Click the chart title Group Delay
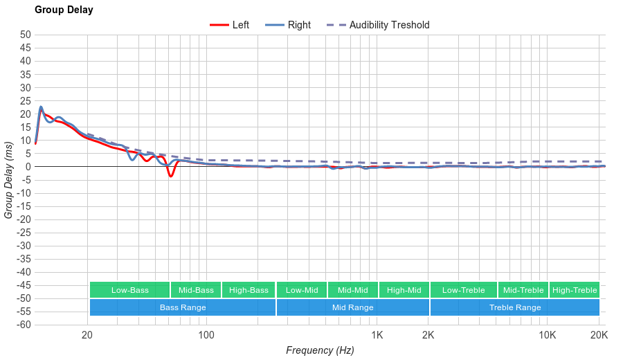pos(64,10)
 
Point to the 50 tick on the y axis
pos(26,35)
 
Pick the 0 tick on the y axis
pos(28,167)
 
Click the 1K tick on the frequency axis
pos(377,336)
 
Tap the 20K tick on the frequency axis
pos(599,336)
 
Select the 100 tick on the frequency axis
pos(206,336)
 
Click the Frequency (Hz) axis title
pos(320,350)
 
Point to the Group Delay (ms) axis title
pos(9,180)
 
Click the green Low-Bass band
pos(129,290)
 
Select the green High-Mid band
pos(404,290)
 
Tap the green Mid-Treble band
pos(523,290)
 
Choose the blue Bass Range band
pos(182,307)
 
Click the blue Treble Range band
pos(515,307)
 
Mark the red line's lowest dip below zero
pos(170,177)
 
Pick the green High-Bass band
pos(249,290)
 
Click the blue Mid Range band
pos(353,307)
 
